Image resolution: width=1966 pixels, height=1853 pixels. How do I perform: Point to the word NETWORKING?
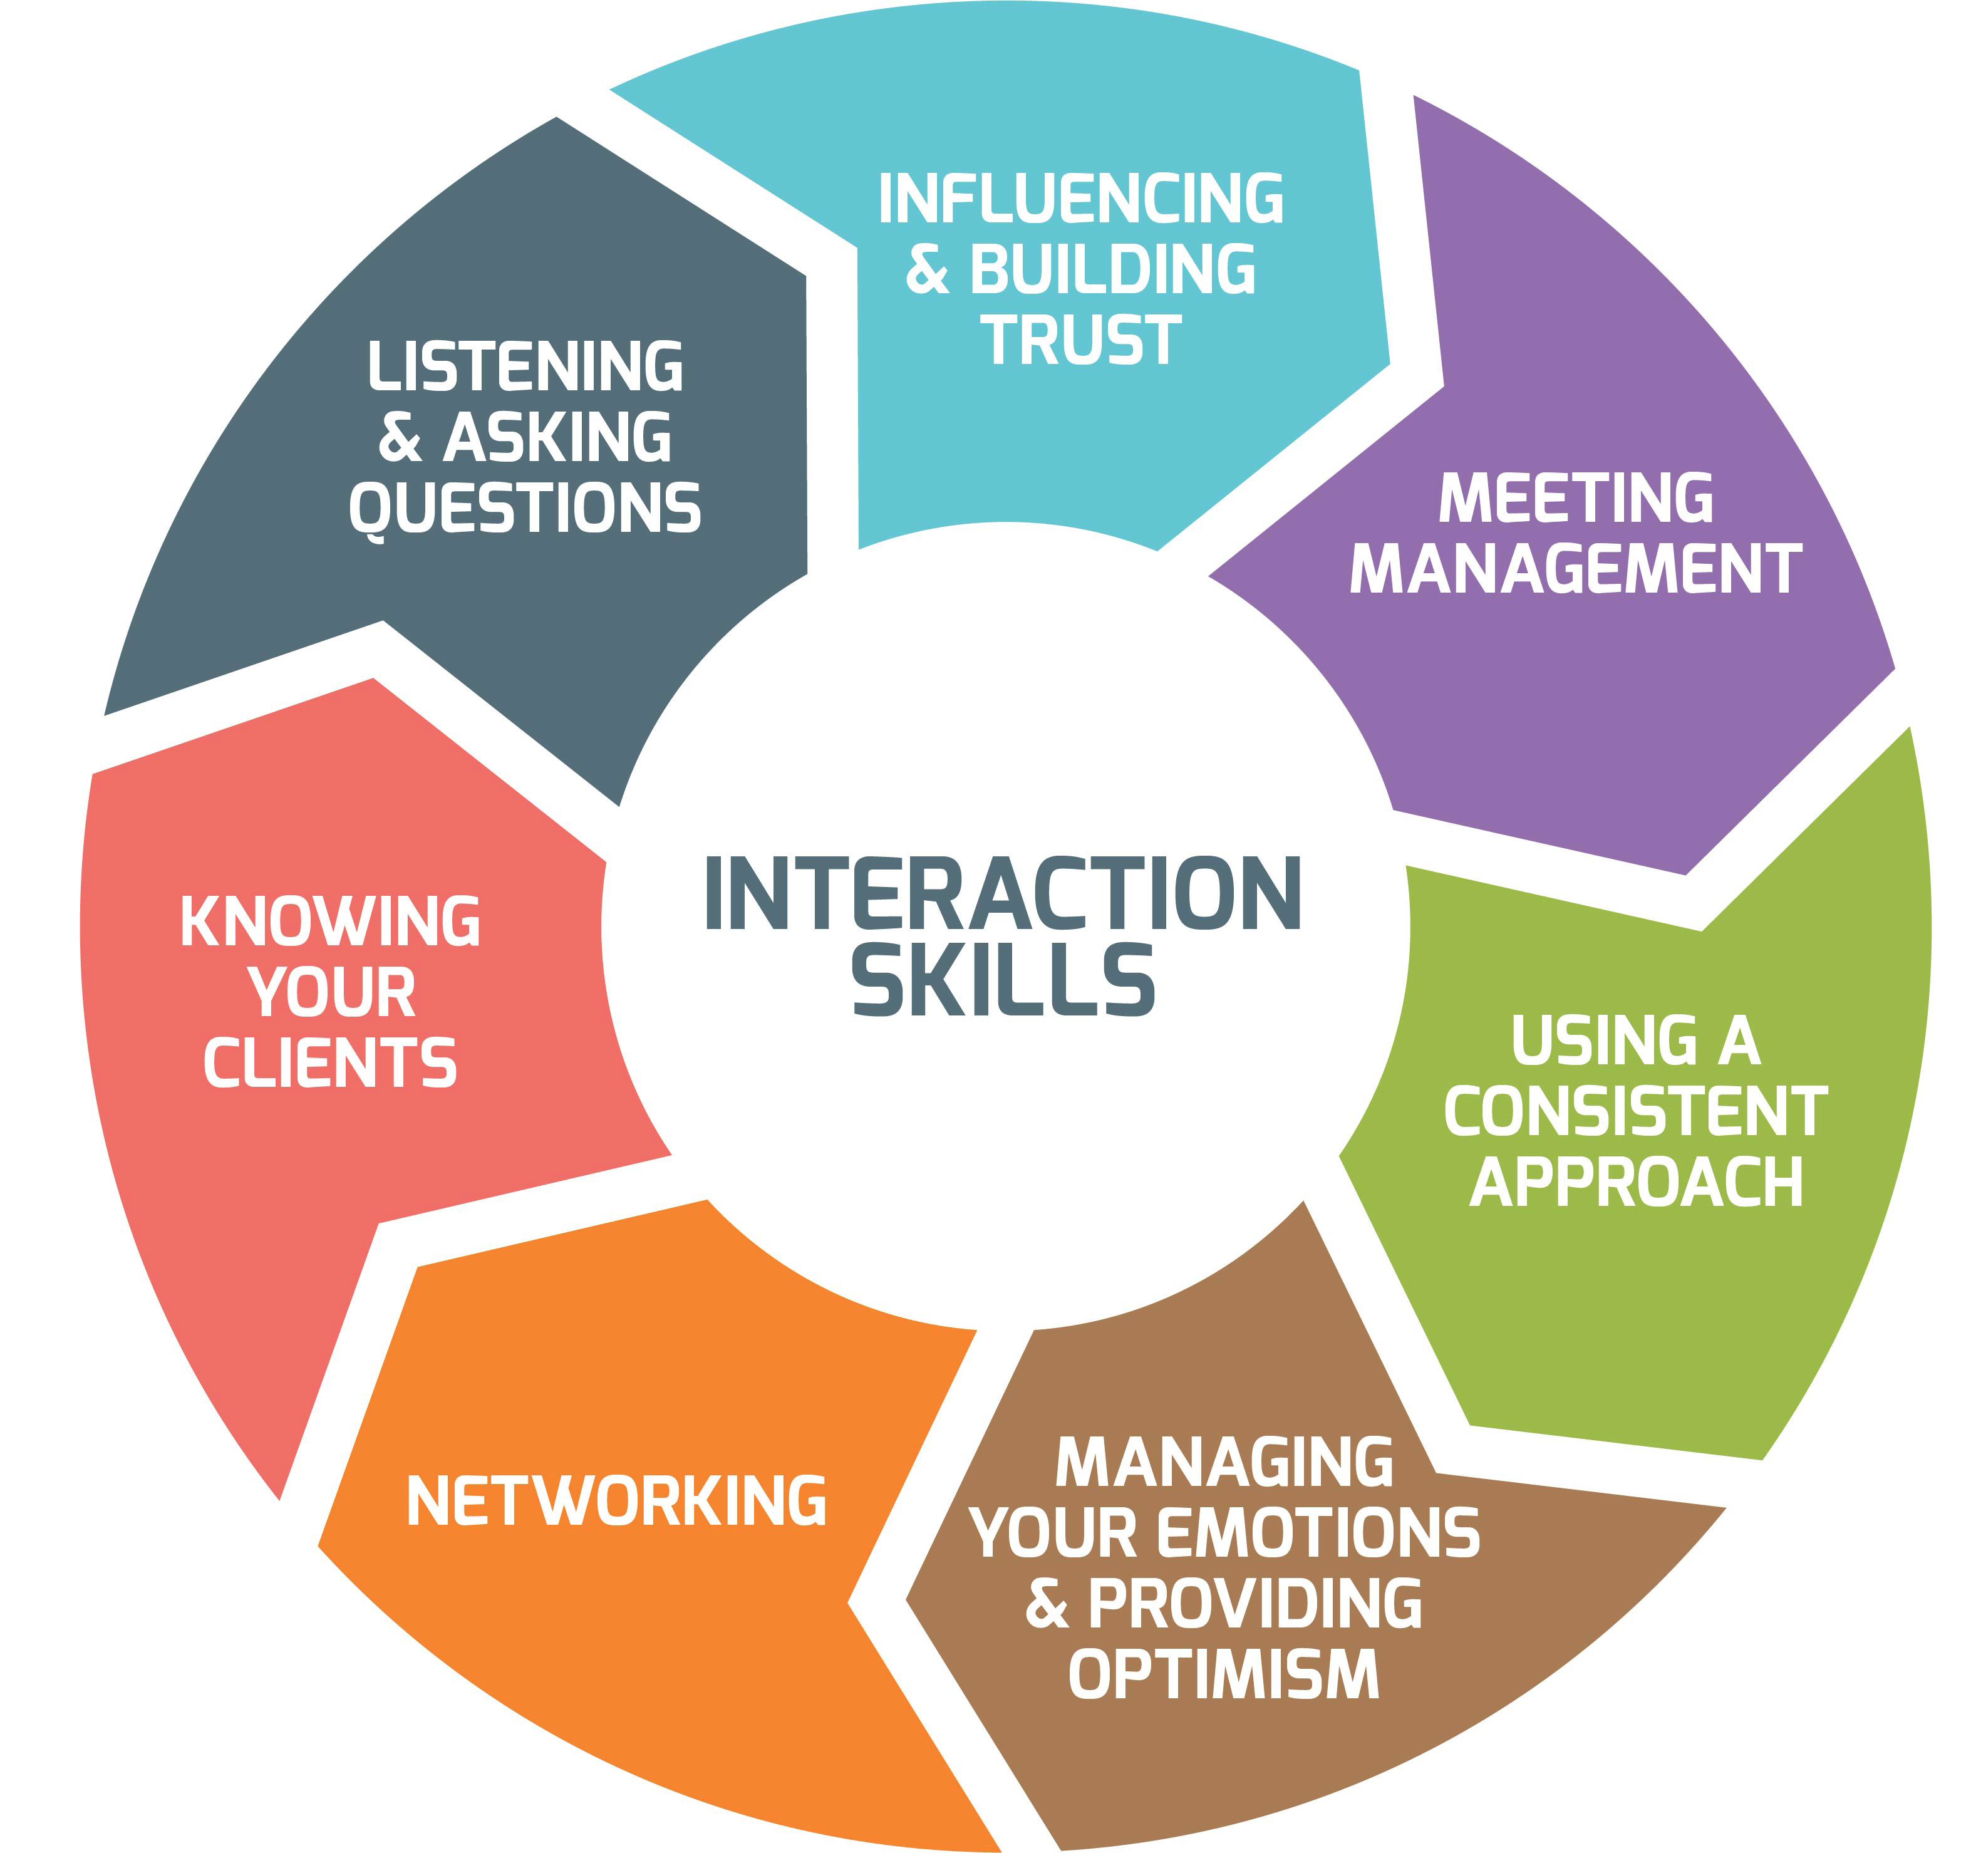(x=616, y=1501)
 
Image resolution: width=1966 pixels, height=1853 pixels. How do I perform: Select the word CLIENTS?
(x=330, y=1064)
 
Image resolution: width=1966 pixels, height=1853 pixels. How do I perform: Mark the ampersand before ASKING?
(x=400, y=439)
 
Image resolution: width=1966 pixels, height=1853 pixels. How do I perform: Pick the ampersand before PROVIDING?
(x=1047, y=1605)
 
